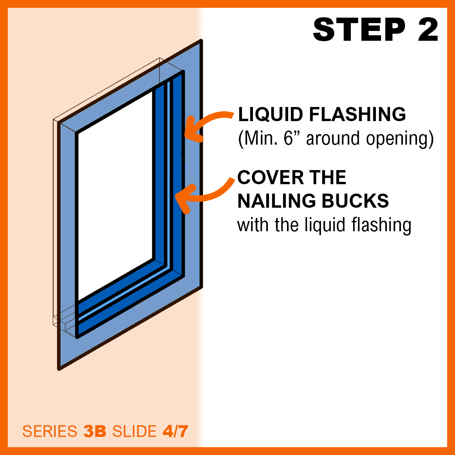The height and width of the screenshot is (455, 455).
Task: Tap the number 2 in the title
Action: coord(428,30)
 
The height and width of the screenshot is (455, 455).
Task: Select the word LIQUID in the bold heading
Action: coord(271,114)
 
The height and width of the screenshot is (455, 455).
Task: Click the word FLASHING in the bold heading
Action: coord(357,114)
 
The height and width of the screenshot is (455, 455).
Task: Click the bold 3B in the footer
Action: coord(95,431)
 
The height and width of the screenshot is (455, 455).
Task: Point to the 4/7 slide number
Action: coord(175,431)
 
